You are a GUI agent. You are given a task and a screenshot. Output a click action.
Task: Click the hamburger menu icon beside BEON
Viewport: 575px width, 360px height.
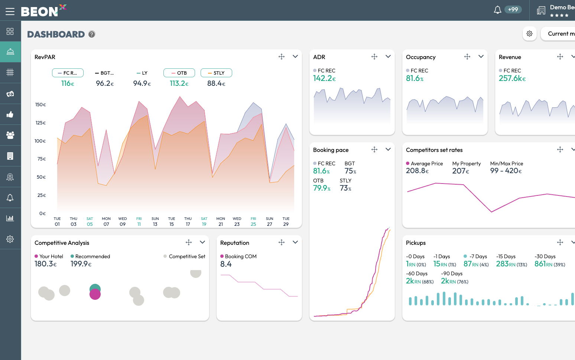pos(10,11)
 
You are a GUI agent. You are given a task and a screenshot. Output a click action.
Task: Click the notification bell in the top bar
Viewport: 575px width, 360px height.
pos(497,10)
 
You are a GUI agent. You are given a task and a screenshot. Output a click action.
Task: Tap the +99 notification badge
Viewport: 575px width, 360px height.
pos(513,10)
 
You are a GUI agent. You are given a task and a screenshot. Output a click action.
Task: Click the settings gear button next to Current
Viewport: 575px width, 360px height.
pos(529,34)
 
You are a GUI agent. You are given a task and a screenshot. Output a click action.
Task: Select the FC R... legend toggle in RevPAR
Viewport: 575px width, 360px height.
pos(68,73)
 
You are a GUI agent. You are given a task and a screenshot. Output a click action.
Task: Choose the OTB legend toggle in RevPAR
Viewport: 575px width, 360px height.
pos(179,73)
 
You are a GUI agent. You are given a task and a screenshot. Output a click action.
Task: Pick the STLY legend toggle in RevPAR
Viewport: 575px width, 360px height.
pos(216,73)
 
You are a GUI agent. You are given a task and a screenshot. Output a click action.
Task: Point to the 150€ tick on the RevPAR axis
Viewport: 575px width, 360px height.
pos(40,105)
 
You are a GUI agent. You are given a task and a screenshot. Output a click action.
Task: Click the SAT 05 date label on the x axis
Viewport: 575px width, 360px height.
pos(90,221)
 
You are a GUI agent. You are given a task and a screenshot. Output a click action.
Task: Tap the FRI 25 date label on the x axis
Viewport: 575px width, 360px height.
pos(253,221)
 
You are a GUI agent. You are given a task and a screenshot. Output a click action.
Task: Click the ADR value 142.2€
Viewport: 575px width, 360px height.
pos(324,78)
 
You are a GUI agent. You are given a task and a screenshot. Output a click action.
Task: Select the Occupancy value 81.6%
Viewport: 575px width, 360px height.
pos(415,78)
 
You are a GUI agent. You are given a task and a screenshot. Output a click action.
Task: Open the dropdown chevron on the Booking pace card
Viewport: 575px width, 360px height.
pos(388,149)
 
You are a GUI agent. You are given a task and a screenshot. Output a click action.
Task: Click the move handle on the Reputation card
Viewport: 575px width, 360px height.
pos(282,242)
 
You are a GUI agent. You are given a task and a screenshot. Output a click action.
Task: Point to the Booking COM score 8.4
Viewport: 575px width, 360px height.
pos(226,264)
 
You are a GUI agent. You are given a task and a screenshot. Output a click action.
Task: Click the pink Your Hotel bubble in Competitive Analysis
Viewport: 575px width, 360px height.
pos(95,295)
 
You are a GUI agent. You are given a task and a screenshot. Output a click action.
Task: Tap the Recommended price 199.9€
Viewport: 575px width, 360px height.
pos(81,264)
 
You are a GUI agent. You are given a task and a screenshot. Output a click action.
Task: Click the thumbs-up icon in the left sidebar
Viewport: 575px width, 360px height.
pos(10,114)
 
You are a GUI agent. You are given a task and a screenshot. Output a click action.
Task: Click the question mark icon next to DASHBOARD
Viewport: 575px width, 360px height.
pos(92,34)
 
